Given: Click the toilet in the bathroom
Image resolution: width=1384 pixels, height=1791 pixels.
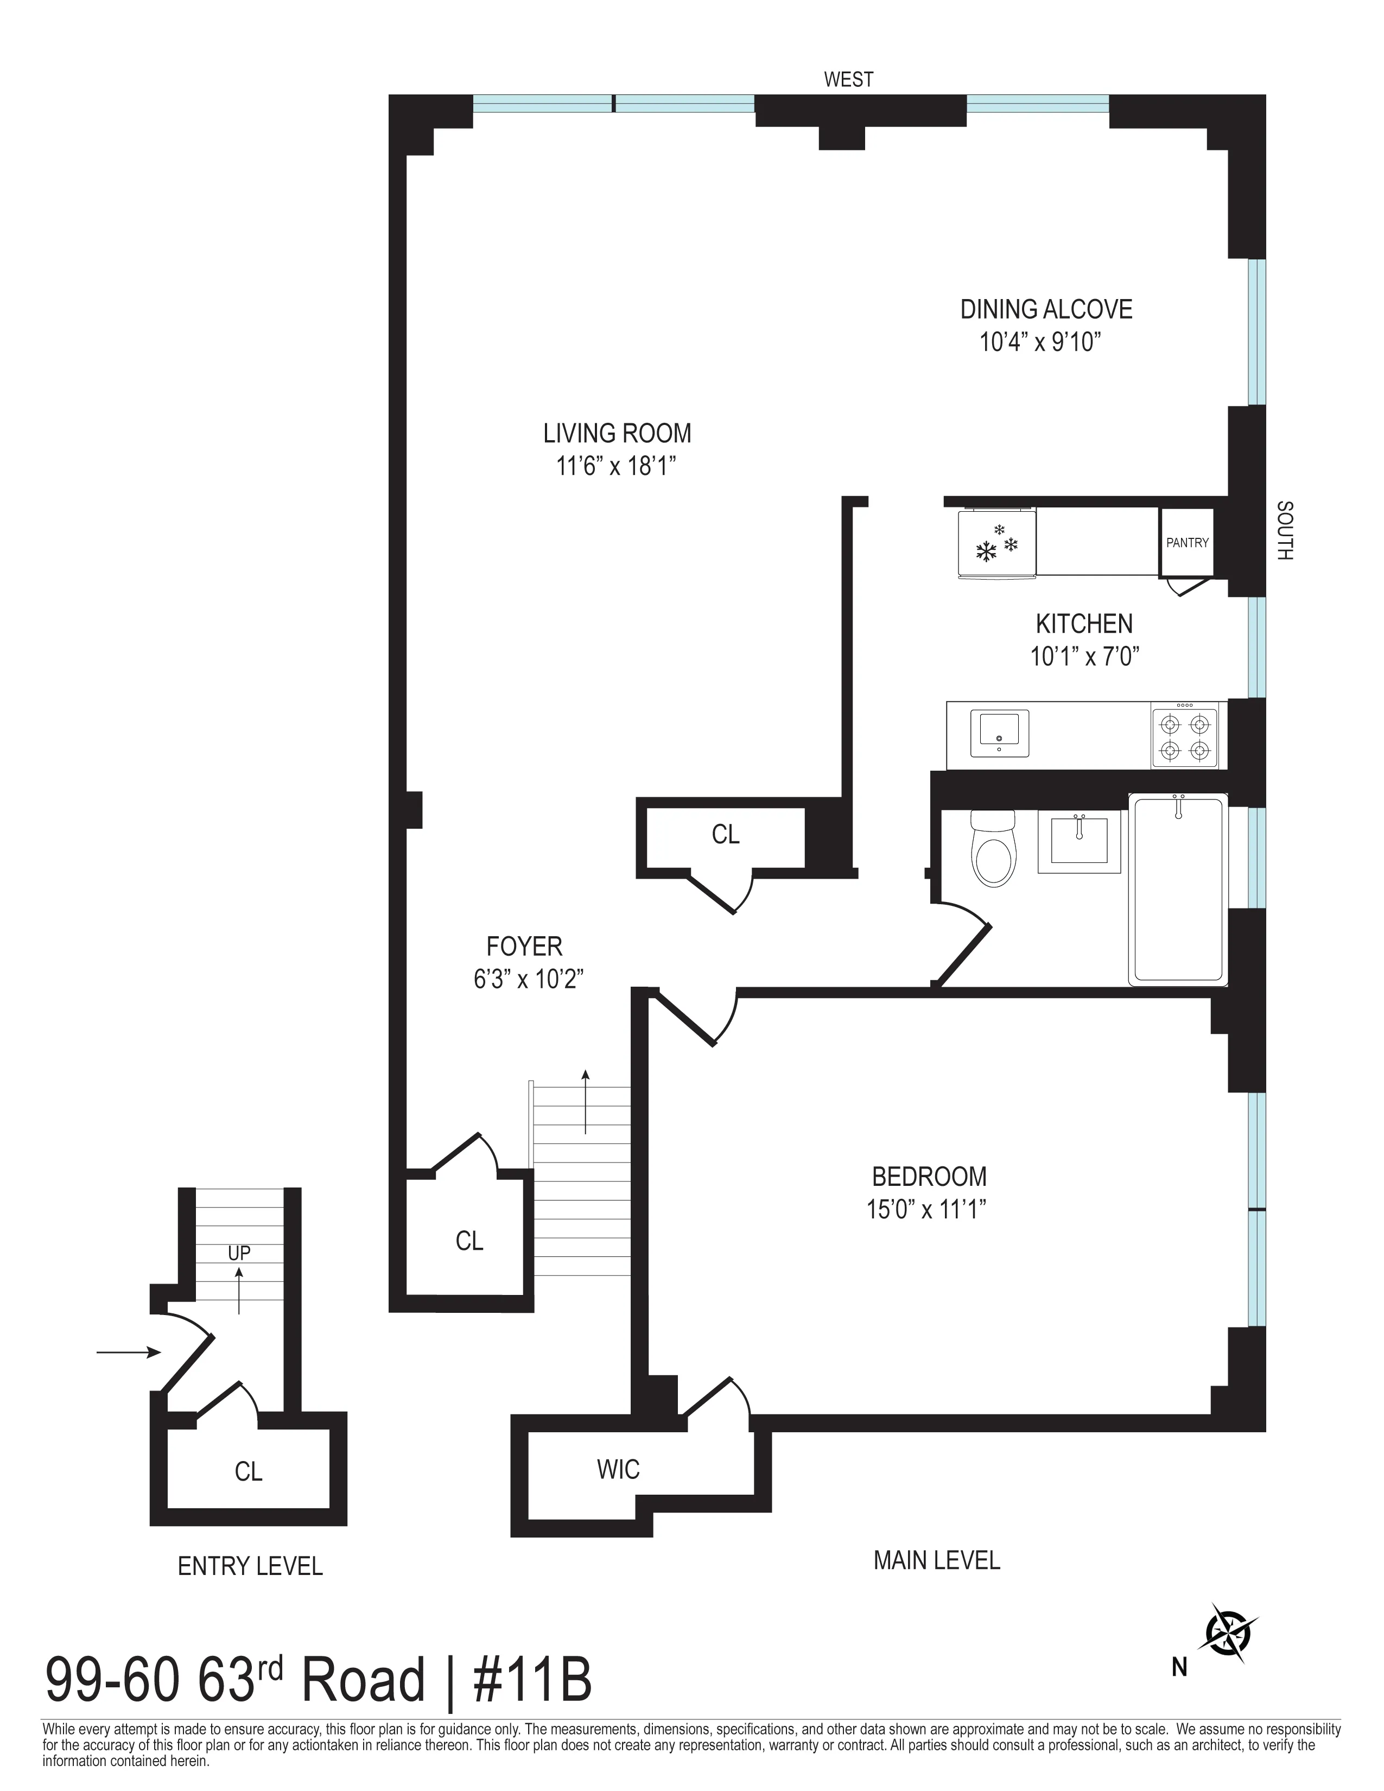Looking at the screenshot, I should pyautogui.click(x=993, y=849).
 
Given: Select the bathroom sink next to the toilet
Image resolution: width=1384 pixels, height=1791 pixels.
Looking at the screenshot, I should pyautogui.click(x=1079, y=841).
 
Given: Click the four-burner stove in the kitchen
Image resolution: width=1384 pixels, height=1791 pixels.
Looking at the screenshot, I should pyautogui.click(x=1185, y=736).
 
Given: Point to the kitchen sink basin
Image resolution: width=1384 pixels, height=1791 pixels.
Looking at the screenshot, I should pyautogui.click(x=999, y=732).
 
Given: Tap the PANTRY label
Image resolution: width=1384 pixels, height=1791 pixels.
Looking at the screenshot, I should pyautogui.click(x=1187, y=542).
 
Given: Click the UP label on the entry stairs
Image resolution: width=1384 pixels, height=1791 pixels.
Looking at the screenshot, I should pyautogui.click(x=239, y=1253).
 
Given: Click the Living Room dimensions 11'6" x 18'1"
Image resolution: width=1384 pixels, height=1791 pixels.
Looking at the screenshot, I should pyautogui.click(x=617, y=467).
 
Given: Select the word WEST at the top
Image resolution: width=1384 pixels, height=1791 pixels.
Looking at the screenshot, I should pyautogui.click(x=849, y=80).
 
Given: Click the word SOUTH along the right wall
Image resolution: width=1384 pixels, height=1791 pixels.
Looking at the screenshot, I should pyautogui.click(x=1284, y=531).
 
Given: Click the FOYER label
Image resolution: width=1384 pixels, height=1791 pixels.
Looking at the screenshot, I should pyautogui.click(x=524, y=947).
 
